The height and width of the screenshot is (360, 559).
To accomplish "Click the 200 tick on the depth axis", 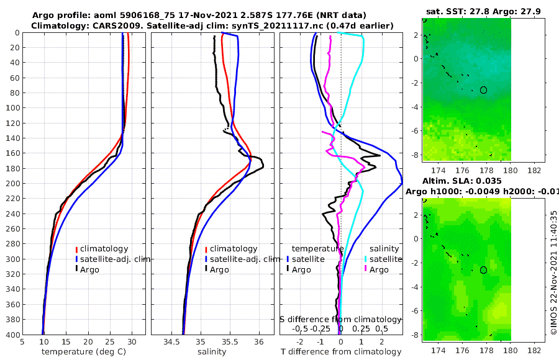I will pyautogui.click(x=12, y=184).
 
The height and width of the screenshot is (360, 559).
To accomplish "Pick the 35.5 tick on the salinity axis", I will pyautogui.click(x=230, y=341).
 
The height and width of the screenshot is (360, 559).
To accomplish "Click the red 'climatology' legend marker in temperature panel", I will pyautogui.click(x=76, y=249).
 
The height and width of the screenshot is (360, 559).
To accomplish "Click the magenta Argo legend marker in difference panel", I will pyautogui.click(x=365, y=269).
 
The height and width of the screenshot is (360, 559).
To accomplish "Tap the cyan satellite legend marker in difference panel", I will pyautogui.click(x=365, y=259).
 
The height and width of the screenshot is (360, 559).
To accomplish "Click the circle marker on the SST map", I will pyautogui.click(x=483, y=90).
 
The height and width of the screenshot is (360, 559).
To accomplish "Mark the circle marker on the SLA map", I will pyautogui.click(x=483, y=270).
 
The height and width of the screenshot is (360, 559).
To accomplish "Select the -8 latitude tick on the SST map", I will pyautogui.click(x=415, y=155).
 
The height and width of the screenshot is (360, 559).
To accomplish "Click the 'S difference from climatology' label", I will pyautogui.click(x=342, y=319).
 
